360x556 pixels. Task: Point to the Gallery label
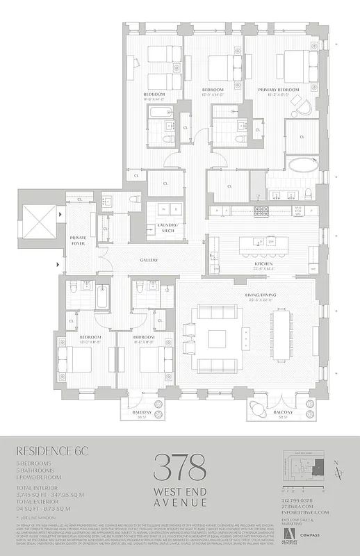[x=149, y=261]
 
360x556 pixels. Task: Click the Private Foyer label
[x=78, y=240]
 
